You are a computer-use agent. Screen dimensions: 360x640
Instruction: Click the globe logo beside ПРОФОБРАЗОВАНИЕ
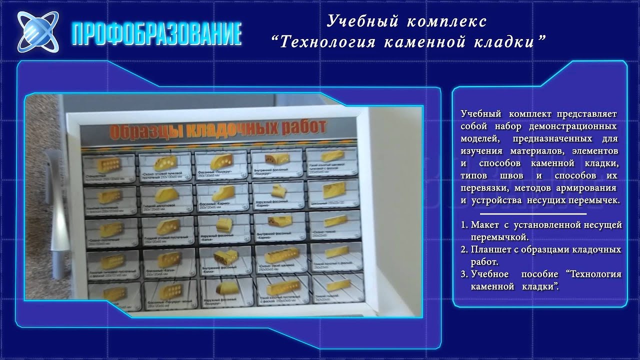[37, 32]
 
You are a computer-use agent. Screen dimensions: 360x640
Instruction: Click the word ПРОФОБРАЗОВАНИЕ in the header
[156, 34]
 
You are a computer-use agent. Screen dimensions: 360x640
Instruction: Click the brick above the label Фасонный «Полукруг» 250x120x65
[220, 161]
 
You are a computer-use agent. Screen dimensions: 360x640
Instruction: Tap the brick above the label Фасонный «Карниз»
[222, 192]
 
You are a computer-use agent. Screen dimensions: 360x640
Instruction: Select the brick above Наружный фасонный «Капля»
[222, 223]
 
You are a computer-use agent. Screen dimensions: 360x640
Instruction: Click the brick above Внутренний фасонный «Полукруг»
[278, 159]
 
